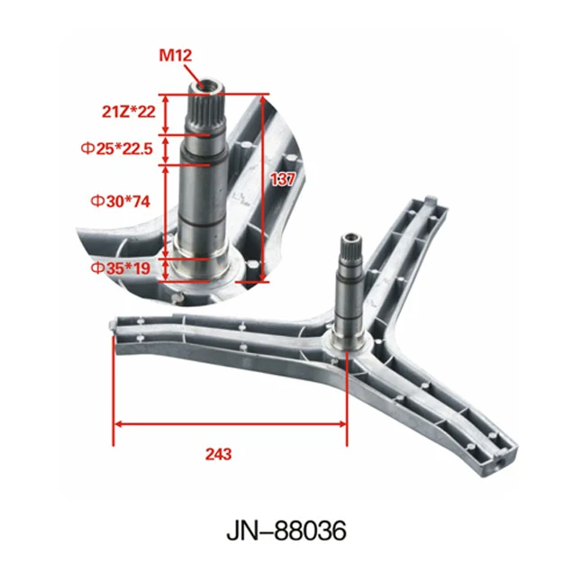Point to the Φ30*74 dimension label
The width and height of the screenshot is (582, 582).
point(119,201)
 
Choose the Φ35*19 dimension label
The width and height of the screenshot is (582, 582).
point(119,268)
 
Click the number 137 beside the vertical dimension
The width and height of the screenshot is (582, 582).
point(282,179)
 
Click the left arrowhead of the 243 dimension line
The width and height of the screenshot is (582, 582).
point(118,423)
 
